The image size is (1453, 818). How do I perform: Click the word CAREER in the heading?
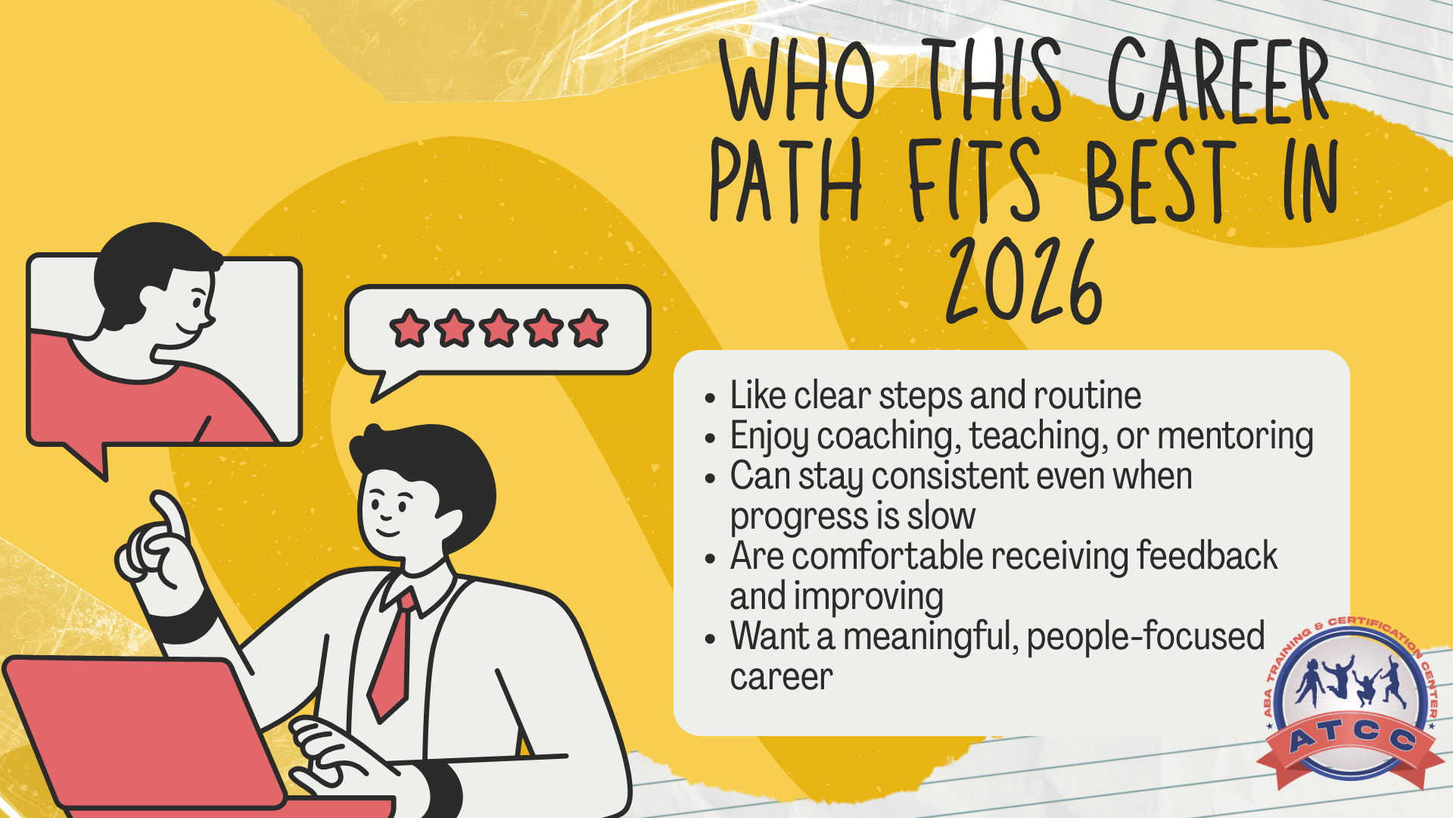[1218, 80]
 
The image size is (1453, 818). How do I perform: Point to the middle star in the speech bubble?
[499, 328]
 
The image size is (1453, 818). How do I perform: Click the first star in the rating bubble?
[409, 328]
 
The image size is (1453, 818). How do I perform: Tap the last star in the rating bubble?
[589, 328]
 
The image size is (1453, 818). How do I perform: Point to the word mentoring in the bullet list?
[1235, 436]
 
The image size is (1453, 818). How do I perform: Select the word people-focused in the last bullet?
[1146, 636]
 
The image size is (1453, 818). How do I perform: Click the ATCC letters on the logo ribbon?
[1352, 735]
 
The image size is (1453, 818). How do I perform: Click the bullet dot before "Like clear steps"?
[709, 398]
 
